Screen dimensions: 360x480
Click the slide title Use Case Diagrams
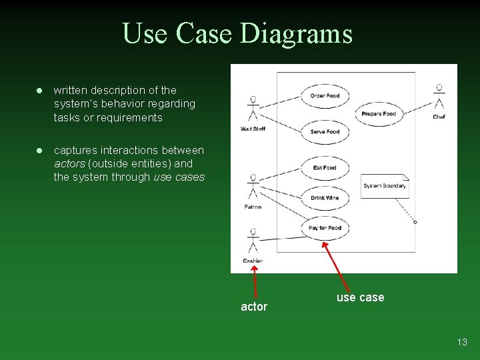(237, 33)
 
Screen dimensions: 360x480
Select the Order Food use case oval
(325, 96)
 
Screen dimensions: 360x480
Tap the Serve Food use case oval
(325, 132)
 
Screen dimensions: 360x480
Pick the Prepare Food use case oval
(379, 114)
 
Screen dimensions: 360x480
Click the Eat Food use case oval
(325, 167)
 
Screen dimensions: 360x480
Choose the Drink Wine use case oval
(325, 198)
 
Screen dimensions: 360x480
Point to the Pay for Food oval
(325, 228)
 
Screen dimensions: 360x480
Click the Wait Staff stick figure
(253, 109)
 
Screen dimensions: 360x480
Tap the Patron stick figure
(253, 187)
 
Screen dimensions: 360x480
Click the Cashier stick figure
(253, 241)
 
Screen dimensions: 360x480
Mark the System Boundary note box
(385, 186)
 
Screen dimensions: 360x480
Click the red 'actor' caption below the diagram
(253, 307)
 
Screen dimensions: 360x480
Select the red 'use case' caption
(360, 298)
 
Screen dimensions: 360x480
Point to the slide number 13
(462, 342)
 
